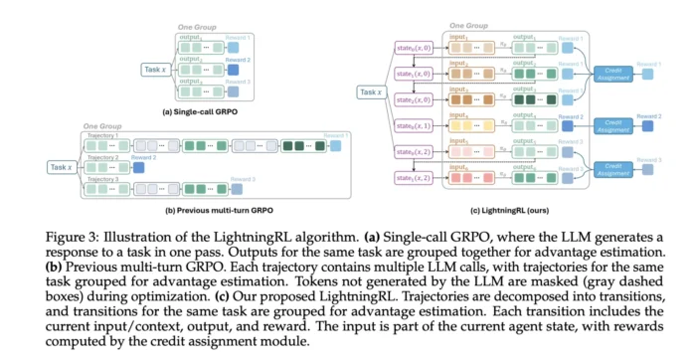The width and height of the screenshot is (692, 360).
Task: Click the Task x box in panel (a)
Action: point(154,70)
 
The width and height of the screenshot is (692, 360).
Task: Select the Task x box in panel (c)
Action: point(370,91)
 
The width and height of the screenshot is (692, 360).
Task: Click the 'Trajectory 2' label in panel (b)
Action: point(103,157)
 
